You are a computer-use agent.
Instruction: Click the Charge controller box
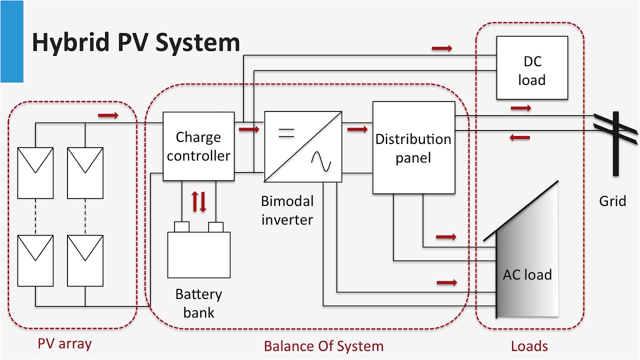tap(198, 146)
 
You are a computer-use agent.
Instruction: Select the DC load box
tap(531, 68)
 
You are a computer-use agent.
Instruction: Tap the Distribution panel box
tap(413, 147)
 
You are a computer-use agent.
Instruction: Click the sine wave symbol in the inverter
tap(320, 161)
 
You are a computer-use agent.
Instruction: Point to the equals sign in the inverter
tap(286, 133)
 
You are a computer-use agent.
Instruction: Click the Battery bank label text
tap(198, 303)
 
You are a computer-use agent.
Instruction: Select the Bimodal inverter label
tap(287, 210)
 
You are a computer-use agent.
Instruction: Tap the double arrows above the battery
tap(199, 201)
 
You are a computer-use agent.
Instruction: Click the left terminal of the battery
tap(181, 227)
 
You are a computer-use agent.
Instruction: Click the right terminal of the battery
tap(215, 227)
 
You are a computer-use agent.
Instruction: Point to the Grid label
tap(612, 201)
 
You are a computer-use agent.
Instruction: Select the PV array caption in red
tap(64, 344)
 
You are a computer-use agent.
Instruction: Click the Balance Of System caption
tap(323, 346)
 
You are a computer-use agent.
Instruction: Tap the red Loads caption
tap(529, 346)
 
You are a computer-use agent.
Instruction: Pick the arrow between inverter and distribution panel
tap(357, 129)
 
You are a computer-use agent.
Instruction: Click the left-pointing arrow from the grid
tap(520, 137)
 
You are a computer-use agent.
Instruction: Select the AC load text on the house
tap(527, 274)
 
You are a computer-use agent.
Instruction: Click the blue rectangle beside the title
tap(11, 41)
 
